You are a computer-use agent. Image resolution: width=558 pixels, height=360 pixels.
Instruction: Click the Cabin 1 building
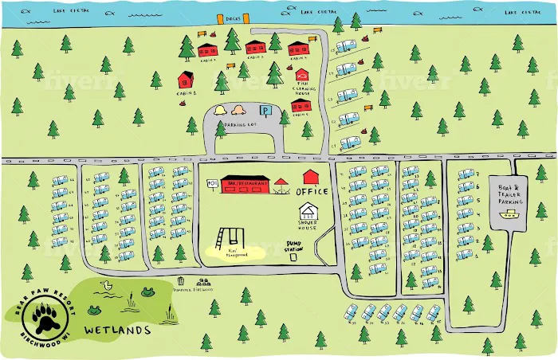(186, 79)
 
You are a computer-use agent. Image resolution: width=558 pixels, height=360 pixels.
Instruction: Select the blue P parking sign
(268, 111)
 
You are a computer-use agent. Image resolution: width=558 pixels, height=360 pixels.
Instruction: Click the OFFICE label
(312, 192)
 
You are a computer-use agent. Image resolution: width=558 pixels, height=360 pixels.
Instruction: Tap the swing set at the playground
(227, 239)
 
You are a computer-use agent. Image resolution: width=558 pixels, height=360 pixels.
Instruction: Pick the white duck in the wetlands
(104, 285)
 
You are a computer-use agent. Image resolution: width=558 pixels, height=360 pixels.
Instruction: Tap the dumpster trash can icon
(183, 281)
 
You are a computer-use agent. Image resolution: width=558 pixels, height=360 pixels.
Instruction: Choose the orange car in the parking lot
(240, 110)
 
